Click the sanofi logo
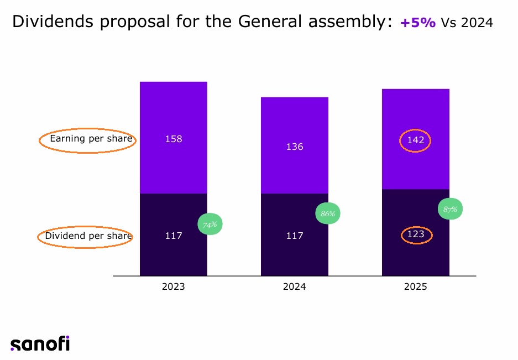(40, 343)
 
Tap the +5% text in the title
(417, 23)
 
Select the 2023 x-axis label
(174, 287)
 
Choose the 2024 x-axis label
(294, 287)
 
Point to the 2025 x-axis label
(415, 287)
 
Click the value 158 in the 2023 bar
(174, 139)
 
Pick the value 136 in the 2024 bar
(294, 147)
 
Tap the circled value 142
(415, 140)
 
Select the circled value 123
(416, 234)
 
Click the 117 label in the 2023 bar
(174, 236)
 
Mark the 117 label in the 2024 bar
(294, 236)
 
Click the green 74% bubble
(210, 225)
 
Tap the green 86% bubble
(328, 213)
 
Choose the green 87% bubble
(450, 210)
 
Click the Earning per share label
(91, 139)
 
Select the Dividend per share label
(88, 236)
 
